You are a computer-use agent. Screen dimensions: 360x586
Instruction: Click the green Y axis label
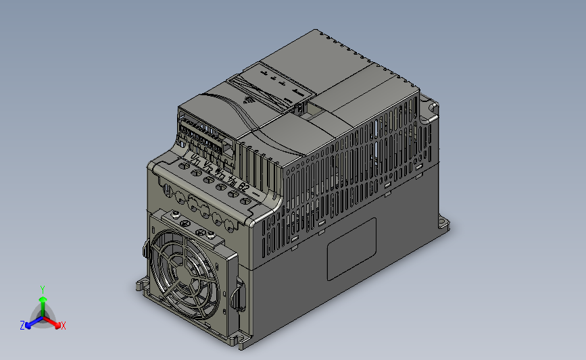coord(42,289)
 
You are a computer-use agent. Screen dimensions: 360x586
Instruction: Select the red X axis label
coord(63,326)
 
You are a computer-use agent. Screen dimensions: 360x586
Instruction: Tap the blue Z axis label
coord(22,325)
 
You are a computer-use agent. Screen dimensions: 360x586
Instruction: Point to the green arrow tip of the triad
coord(42,298)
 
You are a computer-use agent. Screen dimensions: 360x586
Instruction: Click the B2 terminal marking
coord(244,187)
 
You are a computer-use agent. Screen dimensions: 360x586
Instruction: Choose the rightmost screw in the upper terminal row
coord(236,195)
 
